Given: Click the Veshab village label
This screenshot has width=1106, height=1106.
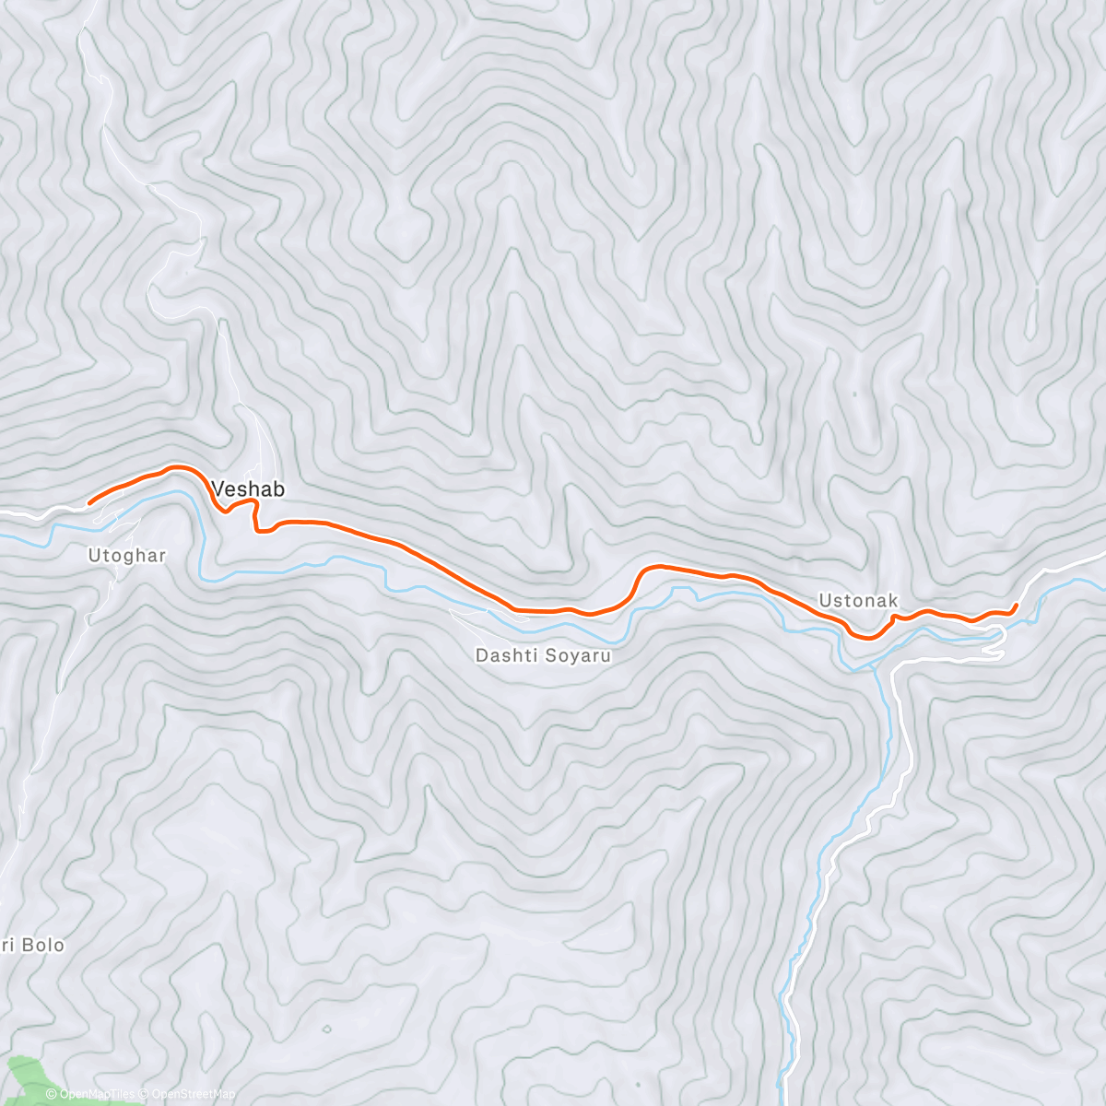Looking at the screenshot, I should click(248, 488).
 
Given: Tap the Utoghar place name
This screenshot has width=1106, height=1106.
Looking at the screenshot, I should click(126, 555).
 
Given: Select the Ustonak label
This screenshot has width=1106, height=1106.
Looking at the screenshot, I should click(858, 601).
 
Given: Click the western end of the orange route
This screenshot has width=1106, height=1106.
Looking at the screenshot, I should click(88, 503).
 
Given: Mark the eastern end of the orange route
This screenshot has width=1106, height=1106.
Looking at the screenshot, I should click(1016, 605).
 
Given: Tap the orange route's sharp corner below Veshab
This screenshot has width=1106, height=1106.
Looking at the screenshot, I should click(257, 529).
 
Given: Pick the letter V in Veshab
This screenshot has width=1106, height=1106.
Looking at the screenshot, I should click(219, 488).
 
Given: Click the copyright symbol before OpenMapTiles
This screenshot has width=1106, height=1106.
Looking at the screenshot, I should click(52, 1095).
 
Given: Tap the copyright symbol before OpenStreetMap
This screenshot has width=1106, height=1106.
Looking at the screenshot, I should click(145, 1095).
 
